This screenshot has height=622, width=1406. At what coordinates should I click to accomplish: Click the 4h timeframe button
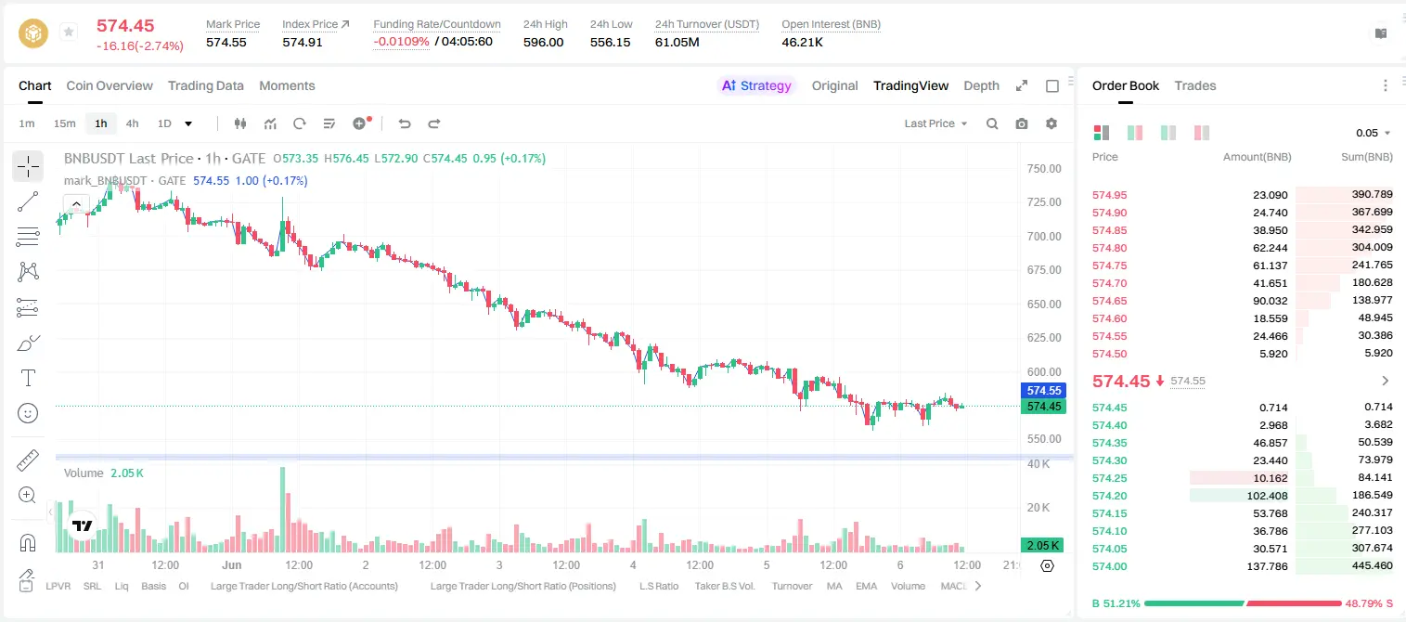(x=132, y=123)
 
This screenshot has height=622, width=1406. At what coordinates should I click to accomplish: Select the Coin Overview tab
(x=110, y=85)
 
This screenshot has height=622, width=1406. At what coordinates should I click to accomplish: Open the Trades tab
(x=1195, y=85)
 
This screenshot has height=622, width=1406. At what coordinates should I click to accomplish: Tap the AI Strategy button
(x=756, y=85)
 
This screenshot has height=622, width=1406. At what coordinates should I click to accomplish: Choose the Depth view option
(x=981, y=85)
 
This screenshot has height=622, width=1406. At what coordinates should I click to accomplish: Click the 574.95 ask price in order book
(x=1109, y=195)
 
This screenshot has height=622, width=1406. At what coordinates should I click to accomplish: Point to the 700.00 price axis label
(x=1044, y=236)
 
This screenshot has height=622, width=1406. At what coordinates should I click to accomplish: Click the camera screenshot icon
(x=1022, y=123)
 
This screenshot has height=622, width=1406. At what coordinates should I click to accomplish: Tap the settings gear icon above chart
(x=1051, y=123)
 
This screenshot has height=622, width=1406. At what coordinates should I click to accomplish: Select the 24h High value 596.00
(x=544, y=42)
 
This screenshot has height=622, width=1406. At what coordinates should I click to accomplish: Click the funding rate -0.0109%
(x=401, y=42)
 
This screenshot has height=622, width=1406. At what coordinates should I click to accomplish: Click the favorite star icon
(x=69, y=32)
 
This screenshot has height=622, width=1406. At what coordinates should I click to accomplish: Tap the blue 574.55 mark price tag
(x=1043, y=391)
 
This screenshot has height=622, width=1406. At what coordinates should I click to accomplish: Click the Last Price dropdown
(x=935, y=123)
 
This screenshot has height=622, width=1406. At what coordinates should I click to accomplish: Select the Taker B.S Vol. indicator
(x=724, y=586)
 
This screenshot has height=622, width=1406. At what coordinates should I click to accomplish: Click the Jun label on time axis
(x=232, y=564)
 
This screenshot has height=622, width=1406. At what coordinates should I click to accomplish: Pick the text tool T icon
(x=28, y=379)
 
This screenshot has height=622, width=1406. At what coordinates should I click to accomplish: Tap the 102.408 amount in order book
(x=1267, y=496)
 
